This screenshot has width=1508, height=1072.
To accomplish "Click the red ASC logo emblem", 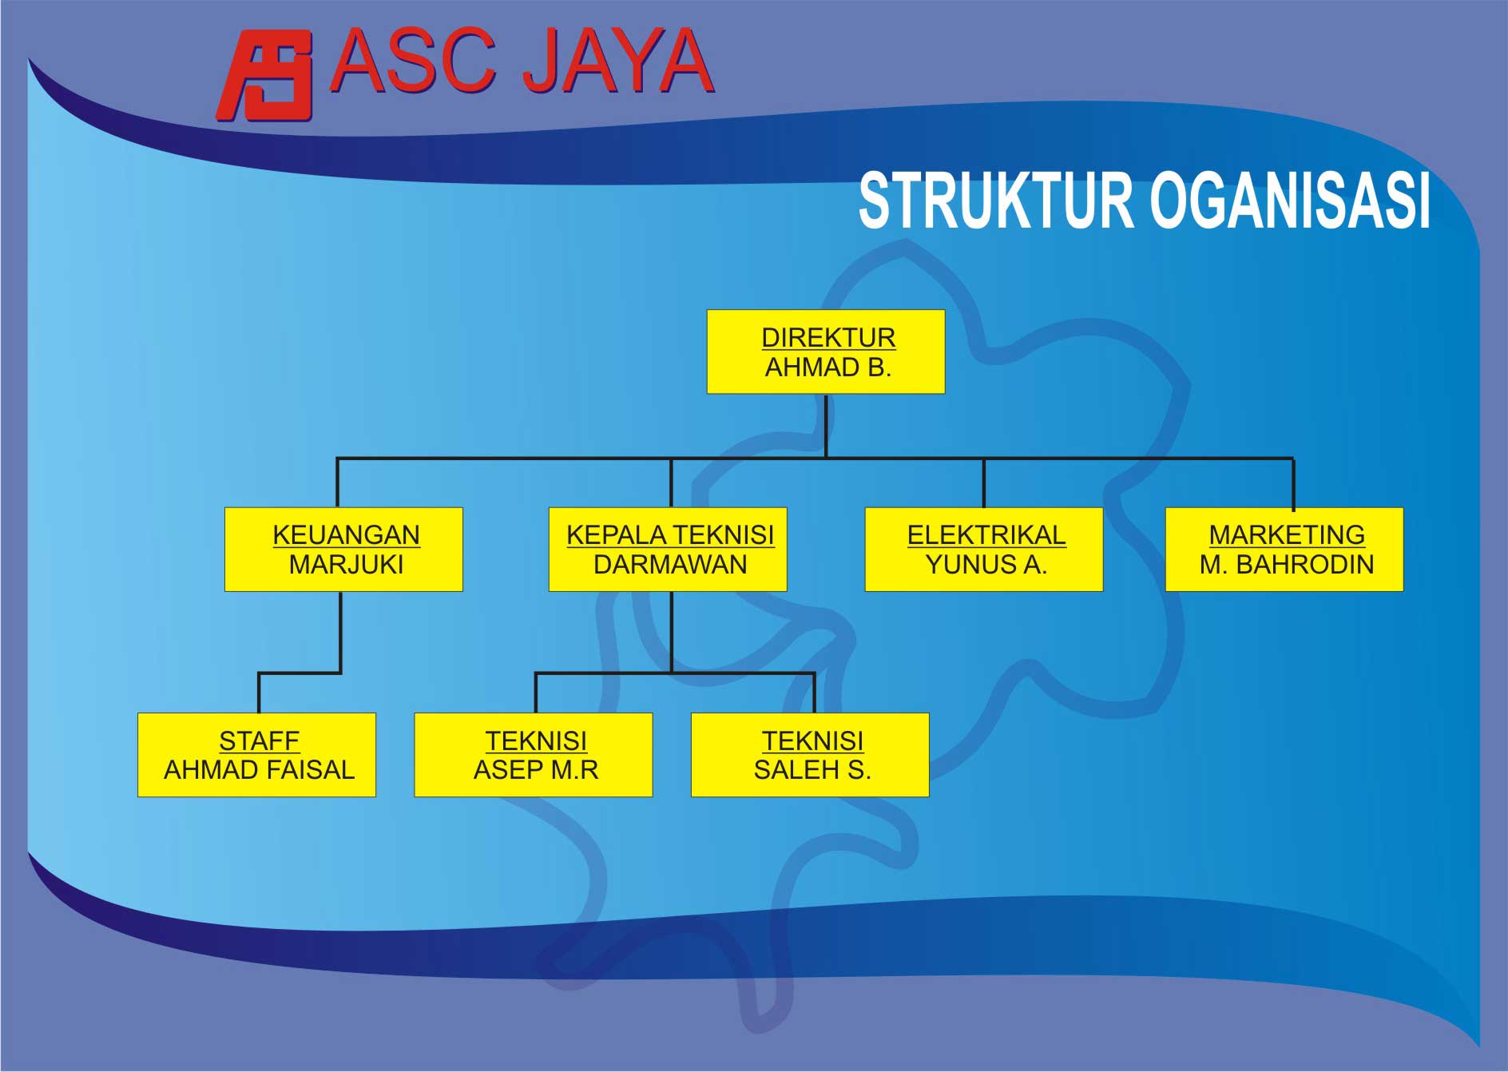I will [264, 75].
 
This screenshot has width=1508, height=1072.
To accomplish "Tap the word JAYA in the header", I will [617, 62].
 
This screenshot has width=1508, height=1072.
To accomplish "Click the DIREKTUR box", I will [826, 351].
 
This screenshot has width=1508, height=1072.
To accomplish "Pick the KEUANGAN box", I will [343, 550].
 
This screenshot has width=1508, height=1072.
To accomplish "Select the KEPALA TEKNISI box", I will [668, 550].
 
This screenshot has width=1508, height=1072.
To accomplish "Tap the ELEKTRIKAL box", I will [984, 550].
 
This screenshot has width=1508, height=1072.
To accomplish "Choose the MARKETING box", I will [1284, 550].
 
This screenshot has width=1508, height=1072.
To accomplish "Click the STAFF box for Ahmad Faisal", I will [256, 755].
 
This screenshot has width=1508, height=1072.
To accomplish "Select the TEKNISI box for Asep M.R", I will [534, 755].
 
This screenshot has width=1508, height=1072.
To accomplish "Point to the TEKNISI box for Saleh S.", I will [810, 755].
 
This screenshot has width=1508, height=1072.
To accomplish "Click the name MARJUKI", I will [347, 565].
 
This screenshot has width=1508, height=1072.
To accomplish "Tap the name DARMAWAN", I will [670, 565].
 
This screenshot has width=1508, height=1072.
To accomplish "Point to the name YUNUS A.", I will [986, 565].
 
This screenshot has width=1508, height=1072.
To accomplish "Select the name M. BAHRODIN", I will [1287, 565].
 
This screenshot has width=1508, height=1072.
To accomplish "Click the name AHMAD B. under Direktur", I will [828, 367].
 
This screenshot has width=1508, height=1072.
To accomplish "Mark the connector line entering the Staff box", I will [259, 693].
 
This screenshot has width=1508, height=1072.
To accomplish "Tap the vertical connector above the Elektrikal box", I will [984, 483].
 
